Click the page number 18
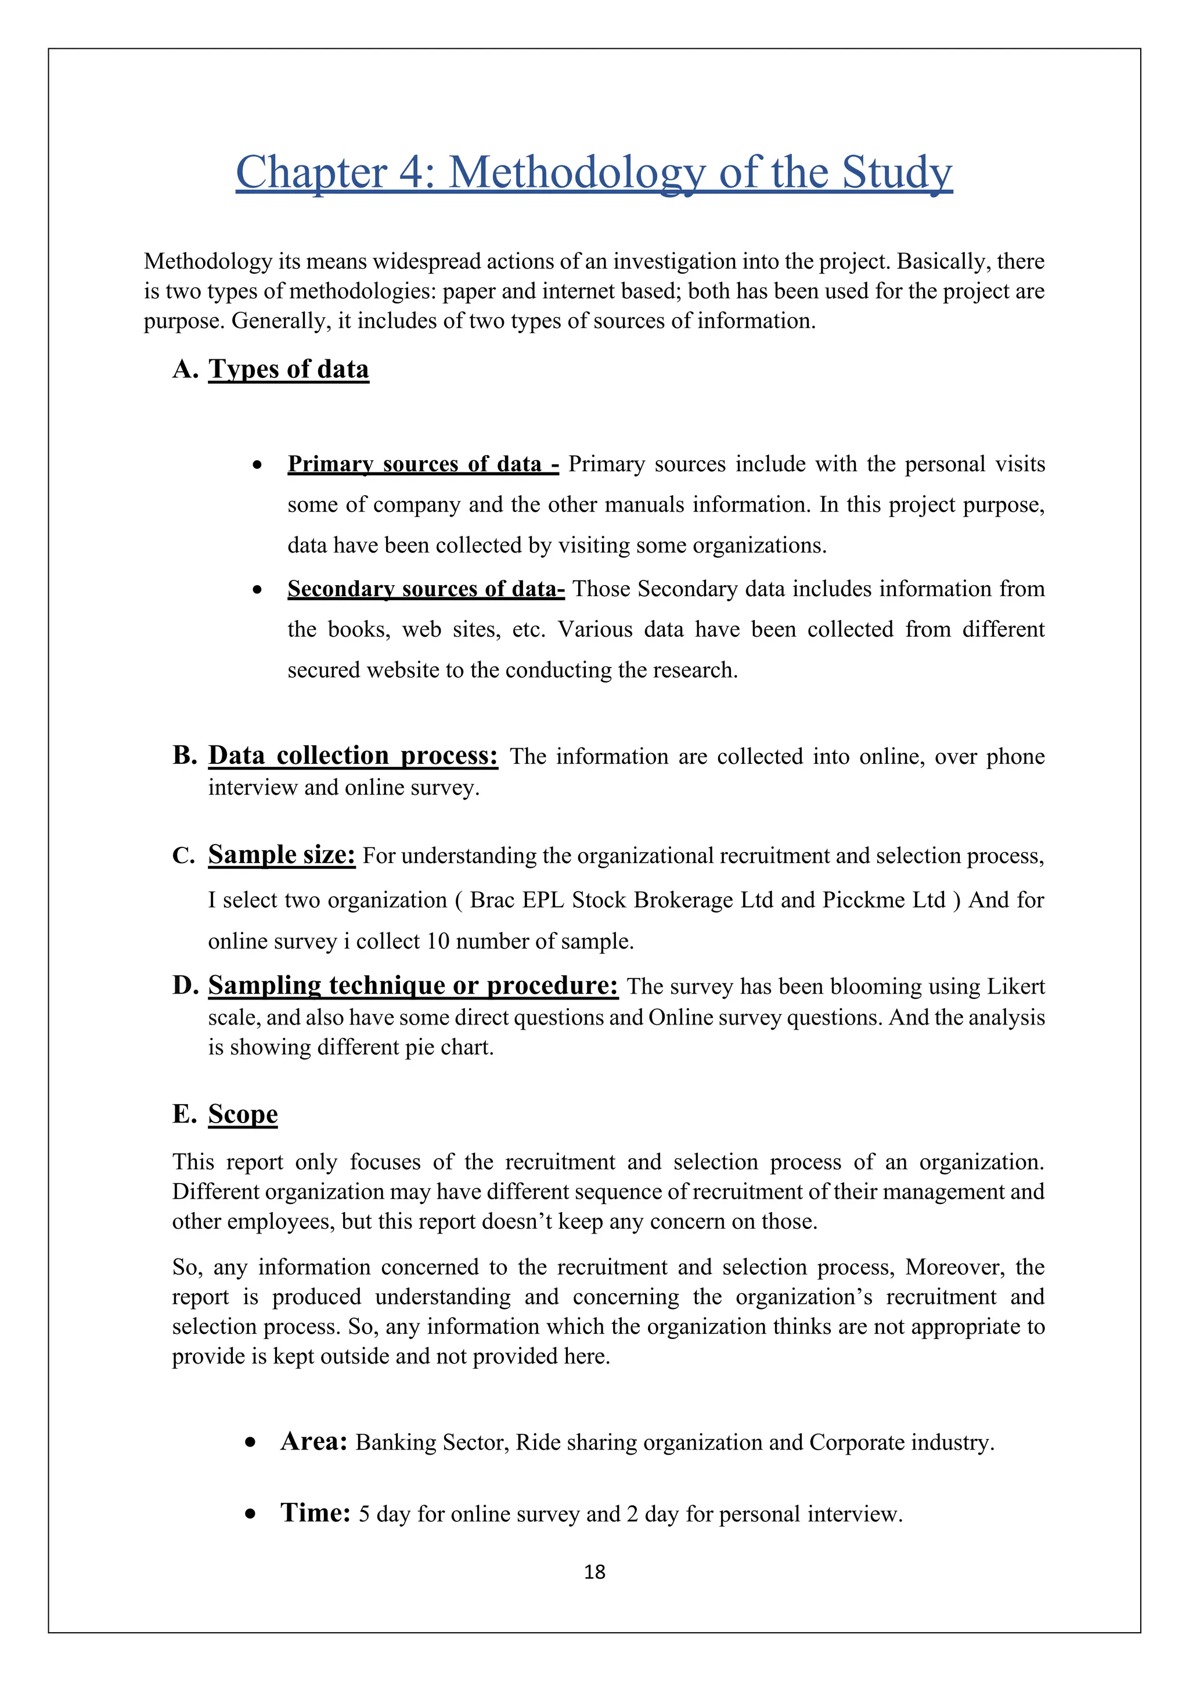(x=594, y=1571)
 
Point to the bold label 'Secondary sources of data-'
(x=426, y=589)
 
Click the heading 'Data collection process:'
(x=353, y=755)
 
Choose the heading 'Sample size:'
(x=282, y=854)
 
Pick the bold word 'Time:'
(x=316, y=1513)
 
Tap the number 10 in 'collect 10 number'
(x=437, y=941)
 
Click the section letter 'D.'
(x=186, y=986)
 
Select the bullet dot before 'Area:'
(x=251, y=1442)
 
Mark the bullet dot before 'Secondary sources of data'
(x=257, y=589)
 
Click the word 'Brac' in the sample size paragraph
(x=492, y=900)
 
